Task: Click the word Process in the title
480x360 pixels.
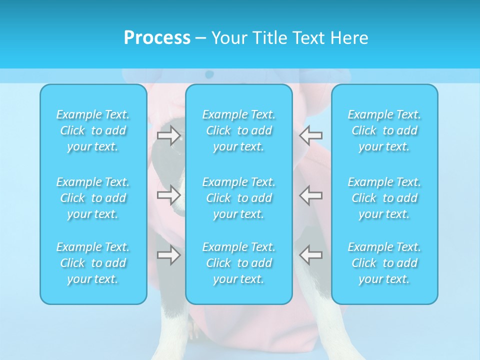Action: tap(157, 38)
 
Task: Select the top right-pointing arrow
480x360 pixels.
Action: tap(169, 135)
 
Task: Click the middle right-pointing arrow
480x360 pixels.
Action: tap(169, 195)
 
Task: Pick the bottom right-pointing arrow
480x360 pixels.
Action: tap(169, 255)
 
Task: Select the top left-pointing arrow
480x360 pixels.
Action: tap(311, 135)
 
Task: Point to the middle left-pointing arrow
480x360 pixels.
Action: tap(311, 195)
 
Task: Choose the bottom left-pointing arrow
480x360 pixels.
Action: tap(311, 255)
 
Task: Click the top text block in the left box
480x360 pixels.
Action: tap(93, 130)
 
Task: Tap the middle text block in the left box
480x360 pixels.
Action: tap(93, 198)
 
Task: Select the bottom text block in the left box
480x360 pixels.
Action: tap(93, 263)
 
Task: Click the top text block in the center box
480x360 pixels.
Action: tap(239, 130)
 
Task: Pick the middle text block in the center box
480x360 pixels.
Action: tap(239, 198)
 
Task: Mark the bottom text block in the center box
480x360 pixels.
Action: tap(239, 263)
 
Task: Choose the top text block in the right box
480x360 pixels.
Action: tap(384, 130)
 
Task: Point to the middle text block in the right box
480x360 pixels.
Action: tap(384, 198)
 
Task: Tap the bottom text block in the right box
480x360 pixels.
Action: tap(384, 263)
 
